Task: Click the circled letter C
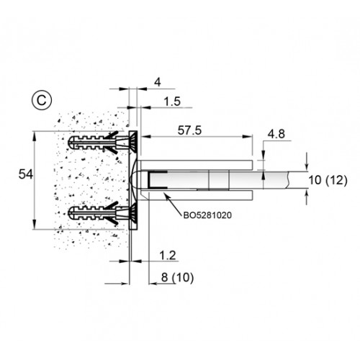[40, 99]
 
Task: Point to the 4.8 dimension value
[277, 134]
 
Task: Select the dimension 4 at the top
[158, 82]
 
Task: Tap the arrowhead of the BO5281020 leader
[166, 192]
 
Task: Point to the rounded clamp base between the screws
[138, 178]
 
